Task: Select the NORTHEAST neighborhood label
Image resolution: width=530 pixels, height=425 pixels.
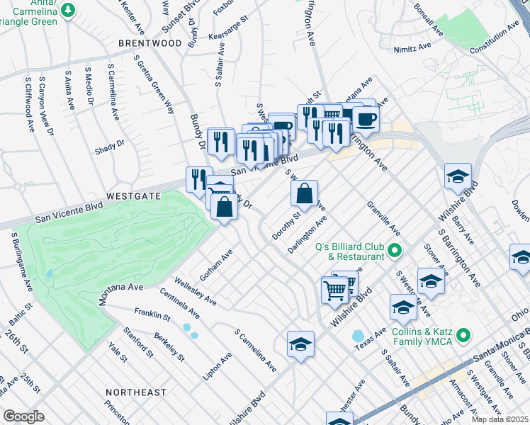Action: click(135, 392)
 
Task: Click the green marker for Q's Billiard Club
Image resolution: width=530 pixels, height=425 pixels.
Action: click(395, 251)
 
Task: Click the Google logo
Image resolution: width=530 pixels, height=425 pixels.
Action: click(23, 416)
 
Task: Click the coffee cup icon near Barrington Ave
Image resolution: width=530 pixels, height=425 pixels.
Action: click(367, 118)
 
